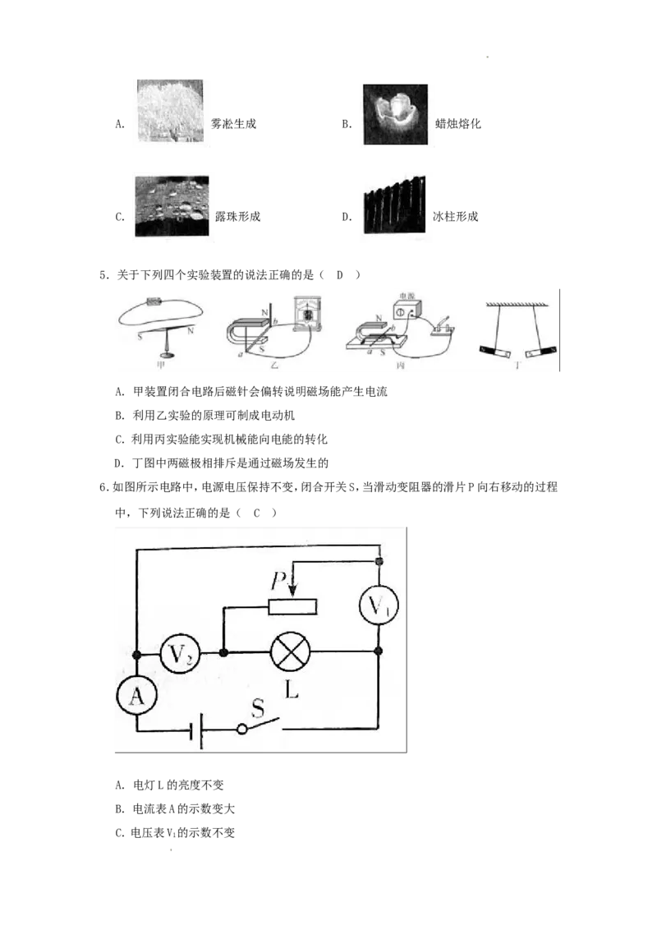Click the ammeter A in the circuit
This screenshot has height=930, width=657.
[136, 695]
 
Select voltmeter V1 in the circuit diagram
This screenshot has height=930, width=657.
[379, 605]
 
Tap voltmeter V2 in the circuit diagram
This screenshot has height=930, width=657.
[180, 654]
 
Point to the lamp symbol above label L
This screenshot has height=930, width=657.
[291, 652]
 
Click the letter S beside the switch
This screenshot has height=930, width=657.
[257, 707]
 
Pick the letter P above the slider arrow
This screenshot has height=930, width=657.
[278, 581]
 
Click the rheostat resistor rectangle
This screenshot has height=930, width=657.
[292, 606]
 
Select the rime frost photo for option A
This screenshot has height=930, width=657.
[170, 111]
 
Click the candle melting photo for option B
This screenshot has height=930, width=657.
[396, 114]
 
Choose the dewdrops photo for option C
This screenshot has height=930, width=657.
[172, 206]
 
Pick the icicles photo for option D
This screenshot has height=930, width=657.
[393, 205]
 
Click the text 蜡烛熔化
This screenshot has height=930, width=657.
[457, 123]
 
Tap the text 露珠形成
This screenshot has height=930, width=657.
[238, 217]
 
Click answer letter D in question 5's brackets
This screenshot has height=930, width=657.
[340, 274]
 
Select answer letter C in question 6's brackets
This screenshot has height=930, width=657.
[257, 513]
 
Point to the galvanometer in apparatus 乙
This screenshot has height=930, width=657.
[307, 312]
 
